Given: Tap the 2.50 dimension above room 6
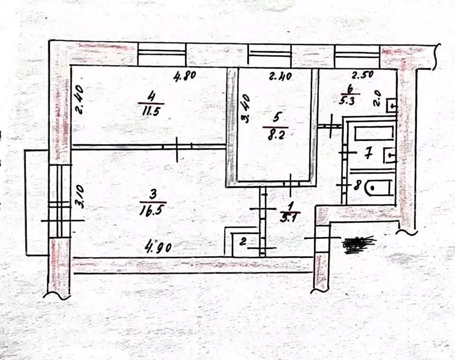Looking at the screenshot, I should point(363,74).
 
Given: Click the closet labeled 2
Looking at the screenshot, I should point(242,242).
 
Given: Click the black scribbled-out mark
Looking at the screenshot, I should point(359,242).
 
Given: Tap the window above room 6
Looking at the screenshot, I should point(356,56).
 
